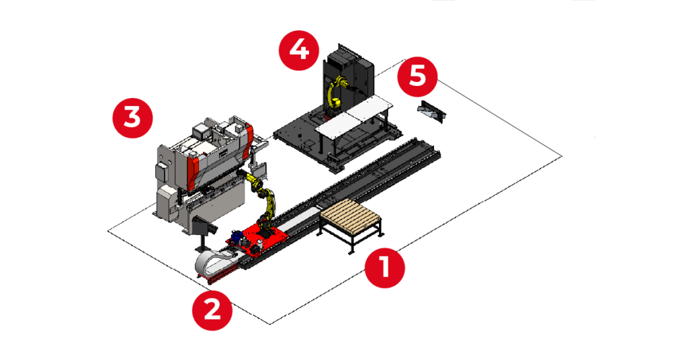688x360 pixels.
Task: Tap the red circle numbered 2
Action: (x=212, y=310)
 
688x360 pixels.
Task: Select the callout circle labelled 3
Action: (x=132, y=118)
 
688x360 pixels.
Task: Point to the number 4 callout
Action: (x=299, y=50)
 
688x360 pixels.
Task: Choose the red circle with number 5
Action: (x=417, y=77)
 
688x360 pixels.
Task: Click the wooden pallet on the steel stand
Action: (x=351, y=216)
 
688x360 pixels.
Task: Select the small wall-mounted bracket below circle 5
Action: (x=431, y=109)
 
